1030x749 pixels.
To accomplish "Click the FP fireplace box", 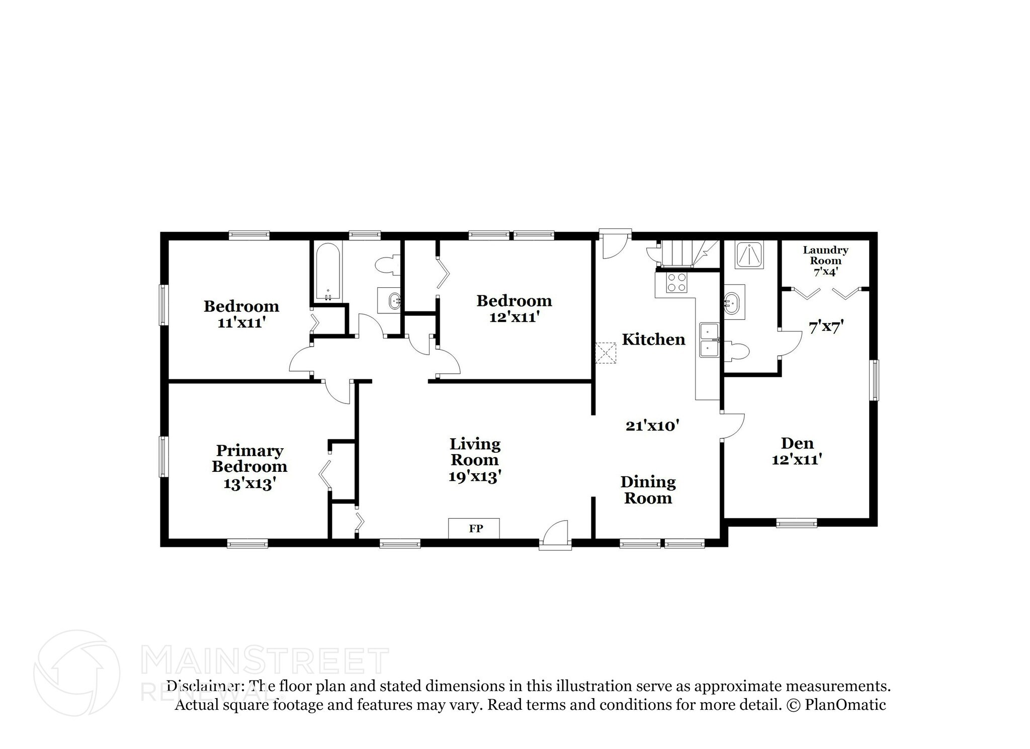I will click(474, 528).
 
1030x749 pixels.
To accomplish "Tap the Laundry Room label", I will click(825, 255).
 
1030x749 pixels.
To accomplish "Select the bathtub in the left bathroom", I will click(328, 271).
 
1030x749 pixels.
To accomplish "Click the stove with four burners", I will click(676, 282).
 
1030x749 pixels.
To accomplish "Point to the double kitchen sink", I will click(709, 340).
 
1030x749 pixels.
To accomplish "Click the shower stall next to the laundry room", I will click(749, 254).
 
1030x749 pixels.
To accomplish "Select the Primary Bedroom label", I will click(249, 458).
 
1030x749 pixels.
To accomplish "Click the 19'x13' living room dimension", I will click(474, 476).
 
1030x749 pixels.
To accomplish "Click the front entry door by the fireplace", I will click(556, 534).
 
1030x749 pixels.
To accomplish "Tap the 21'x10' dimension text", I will click(652, 426).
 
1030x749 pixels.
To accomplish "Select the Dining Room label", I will click(648, 490).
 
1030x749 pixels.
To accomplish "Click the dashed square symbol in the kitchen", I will click(606, 353).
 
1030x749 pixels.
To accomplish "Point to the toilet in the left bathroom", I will click(388, 265).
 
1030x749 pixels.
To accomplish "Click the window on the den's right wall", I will click(875, 380).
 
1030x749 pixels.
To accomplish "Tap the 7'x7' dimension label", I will click(825, 327).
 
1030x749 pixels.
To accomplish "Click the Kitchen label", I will click(653, 340).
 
